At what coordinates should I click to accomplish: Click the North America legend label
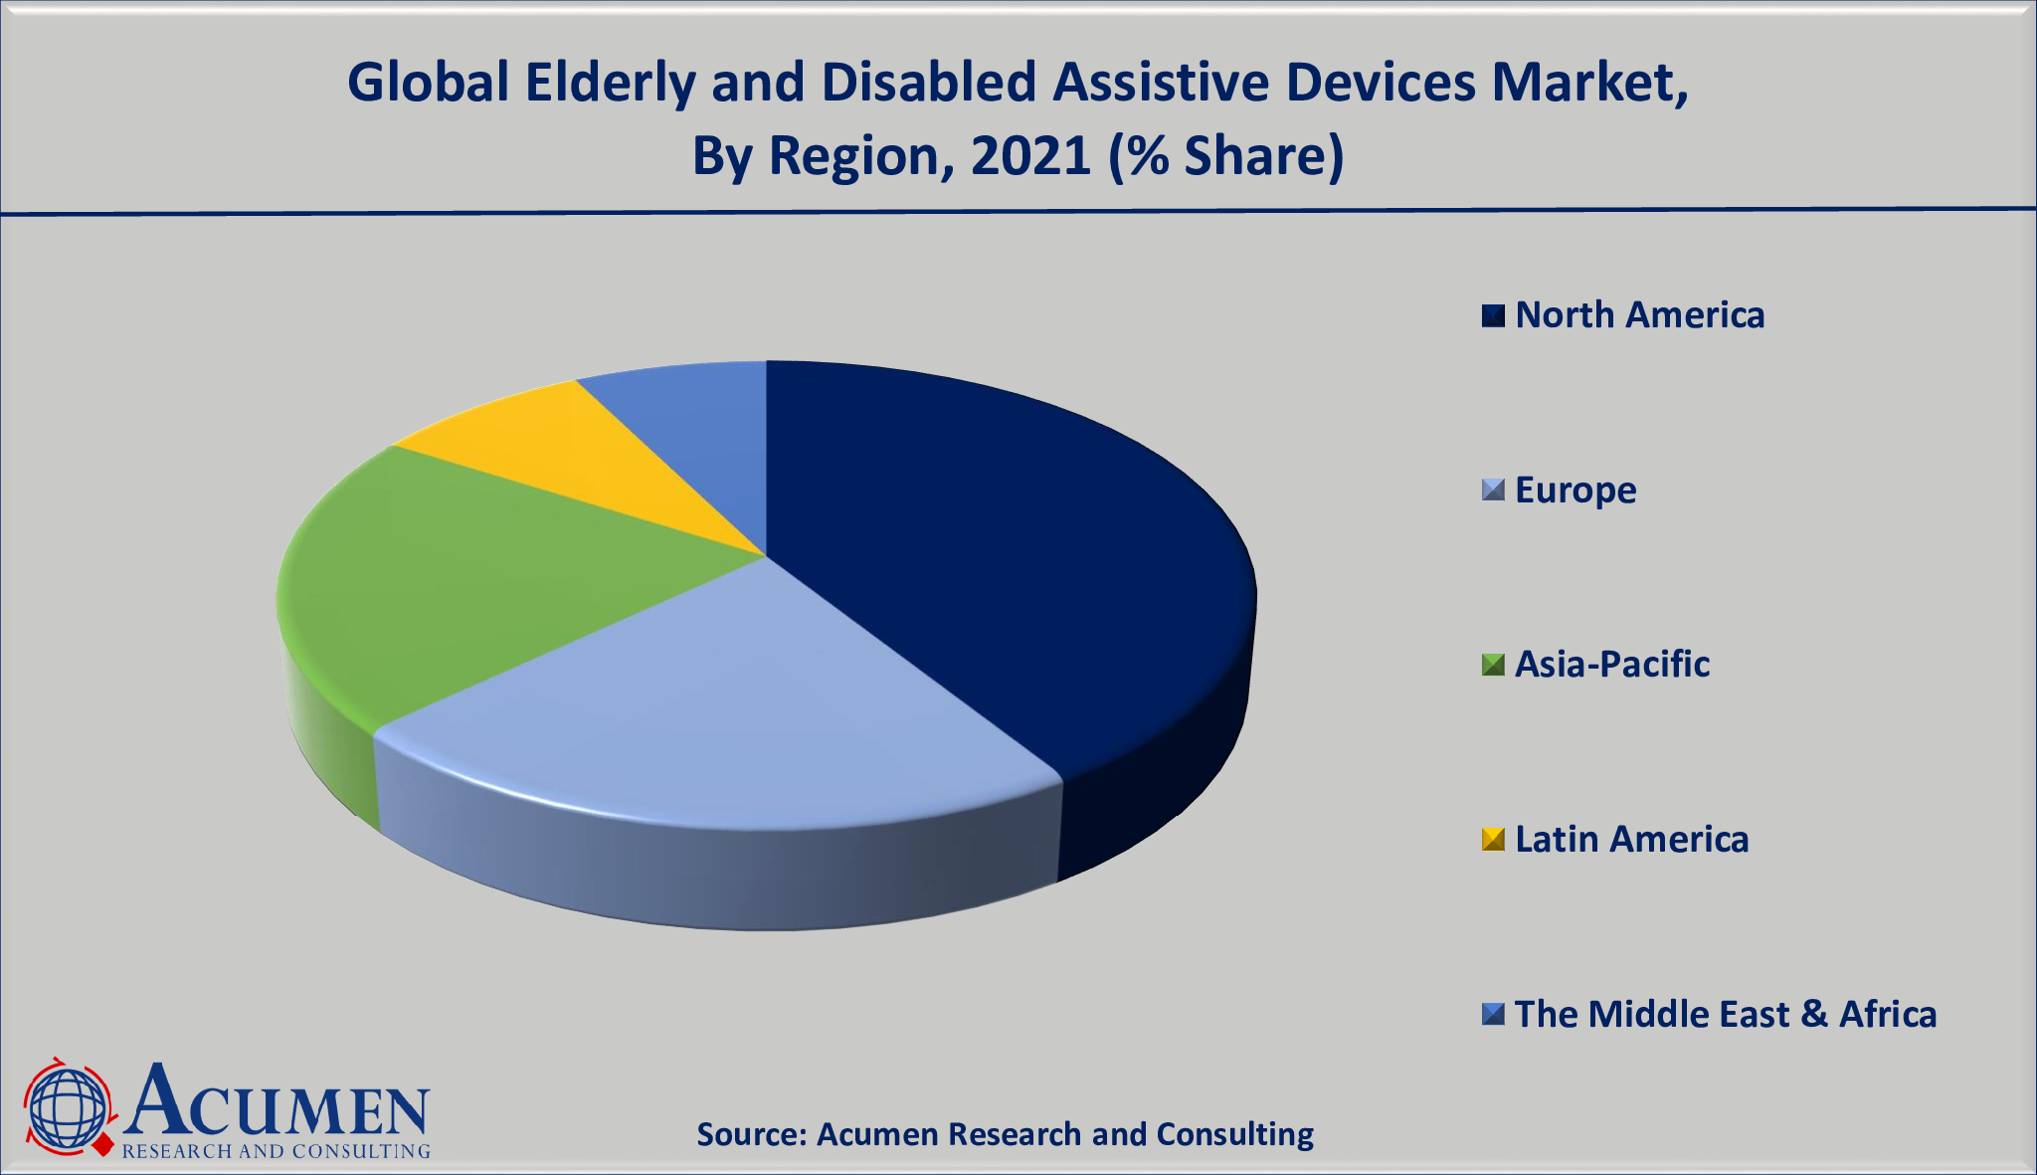(1639, 315)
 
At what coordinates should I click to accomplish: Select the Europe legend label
(1575, 490)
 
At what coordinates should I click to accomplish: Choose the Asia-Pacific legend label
(1612, 665)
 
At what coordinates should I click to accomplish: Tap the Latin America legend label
(1631, 840)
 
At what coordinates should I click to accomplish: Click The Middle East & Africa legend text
(1726, 1015)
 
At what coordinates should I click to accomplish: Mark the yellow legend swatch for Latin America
(1493, 840)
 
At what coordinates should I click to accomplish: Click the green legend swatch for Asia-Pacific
(1493, 665)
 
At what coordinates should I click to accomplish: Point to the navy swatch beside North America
(1493, 315)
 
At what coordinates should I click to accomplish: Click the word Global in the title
(428, 83)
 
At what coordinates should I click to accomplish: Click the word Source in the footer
(751, 1134)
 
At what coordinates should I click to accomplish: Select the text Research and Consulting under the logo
(277, 1151)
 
